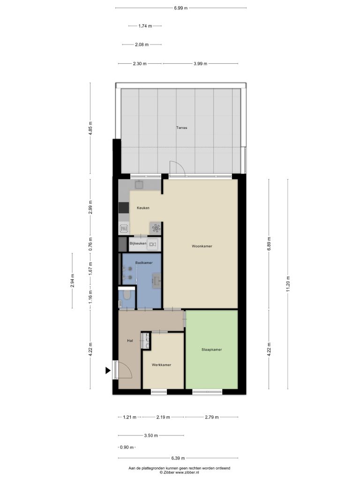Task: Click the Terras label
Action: coord(181,127)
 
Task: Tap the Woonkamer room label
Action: coord(202,246)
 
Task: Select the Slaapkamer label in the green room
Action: coord(211,349)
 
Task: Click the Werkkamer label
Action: coord(161,365)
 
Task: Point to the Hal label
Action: coord(130,340)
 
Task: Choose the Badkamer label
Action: coord(144,262)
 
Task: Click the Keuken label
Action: coord(143,208)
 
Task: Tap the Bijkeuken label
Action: coord(138,243)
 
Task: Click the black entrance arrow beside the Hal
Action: coord(108,370)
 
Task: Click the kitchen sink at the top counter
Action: coord(140,185)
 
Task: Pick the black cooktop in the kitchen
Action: coord(123,208)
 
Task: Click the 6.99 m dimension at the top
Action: coord(180,8)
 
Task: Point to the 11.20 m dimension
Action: coord(288,284)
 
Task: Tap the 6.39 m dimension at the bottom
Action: coord(178,458)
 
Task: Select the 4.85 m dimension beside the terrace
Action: coord(90,128)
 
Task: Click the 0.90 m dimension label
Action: coord(127,447)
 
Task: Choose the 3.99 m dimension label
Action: coord(200,64)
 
